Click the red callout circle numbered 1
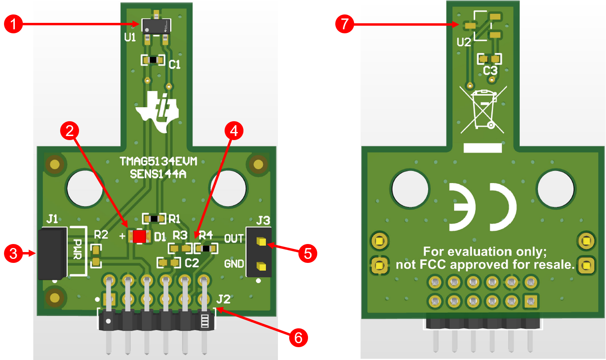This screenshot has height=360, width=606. (13, 24)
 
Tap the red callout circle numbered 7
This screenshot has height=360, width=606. (345, 24)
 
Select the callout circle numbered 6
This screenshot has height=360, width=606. (298, 338)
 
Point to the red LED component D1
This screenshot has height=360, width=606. (140, 236)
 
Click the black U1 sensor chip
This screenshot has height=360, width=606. (156, 26)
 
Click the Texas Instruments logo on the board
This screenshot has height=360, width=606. (158, 112)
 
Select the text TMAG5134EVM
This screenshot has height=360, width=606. (158, 162)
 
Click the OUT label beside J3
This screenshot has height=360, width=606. (234, 239)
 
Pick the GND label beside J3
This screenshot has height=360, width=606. (234, 264)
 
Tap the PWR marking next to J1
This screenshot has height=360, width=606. (78, 249)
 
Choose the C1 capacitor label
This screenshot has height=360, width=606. (174, 65)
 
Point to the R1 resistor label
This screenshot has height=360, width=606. (174, 219)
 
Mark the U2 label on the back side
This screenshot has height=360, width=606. (464, 42)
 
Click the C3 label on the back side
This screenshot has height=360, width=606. (490, 71)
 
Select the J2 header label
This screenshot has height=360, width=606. (223, 299)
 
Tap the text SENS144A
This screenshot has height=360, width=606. (158, 174)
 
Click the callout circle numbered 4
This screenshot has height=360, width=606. (234, 131)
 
